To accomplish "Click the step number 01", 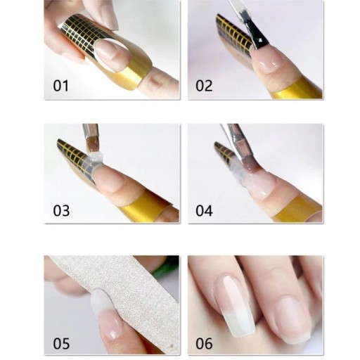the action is [x=61, y=86].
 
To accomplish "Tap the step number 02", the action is [x=204, y=86].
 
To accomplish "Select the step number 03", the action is [x=61, y=211].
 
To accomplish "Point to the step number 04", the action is [x=204, y=211].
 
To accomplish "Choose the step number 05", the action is [x=61, y=344].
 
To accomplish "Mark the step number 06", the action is [x=204, y=344].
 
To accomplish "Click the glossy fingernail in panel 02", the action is [x=268, y=61].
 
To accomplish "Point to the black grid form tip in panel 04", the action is [x=224, y=150].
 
